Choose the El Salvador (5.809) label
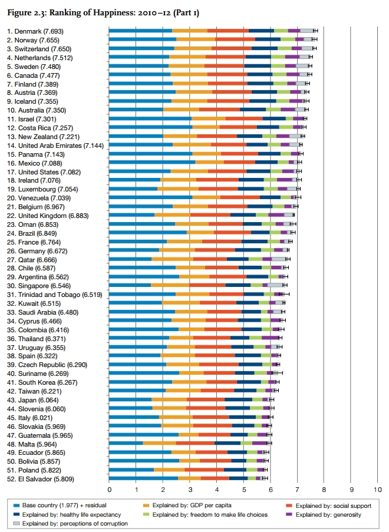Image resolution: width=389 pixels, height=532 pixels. tap(41, 479)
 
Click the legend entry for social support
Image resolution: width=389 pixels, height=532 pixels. tap(322, 505)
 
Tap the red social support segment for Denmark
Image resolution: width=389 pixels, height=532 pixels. tap(228, 30)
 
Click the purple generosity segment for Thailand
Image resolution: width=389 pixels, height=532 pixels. tap(270, 338)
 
